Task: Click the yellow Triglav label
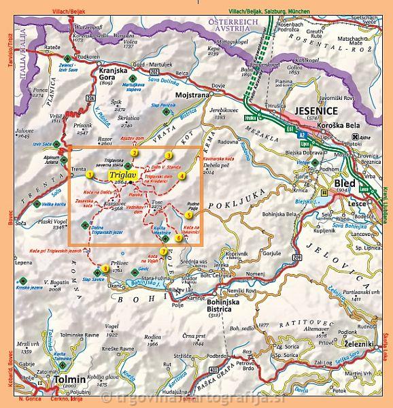coord(122,175)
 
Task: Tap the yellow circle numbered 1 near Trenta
coord(89,175)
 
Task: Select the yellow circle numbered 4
coord(182,176)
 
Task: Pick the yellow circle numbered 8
coord(105,267)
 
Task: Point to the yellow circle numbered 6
coord(178,238)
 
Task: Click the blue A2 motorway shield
coord(302,135)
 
